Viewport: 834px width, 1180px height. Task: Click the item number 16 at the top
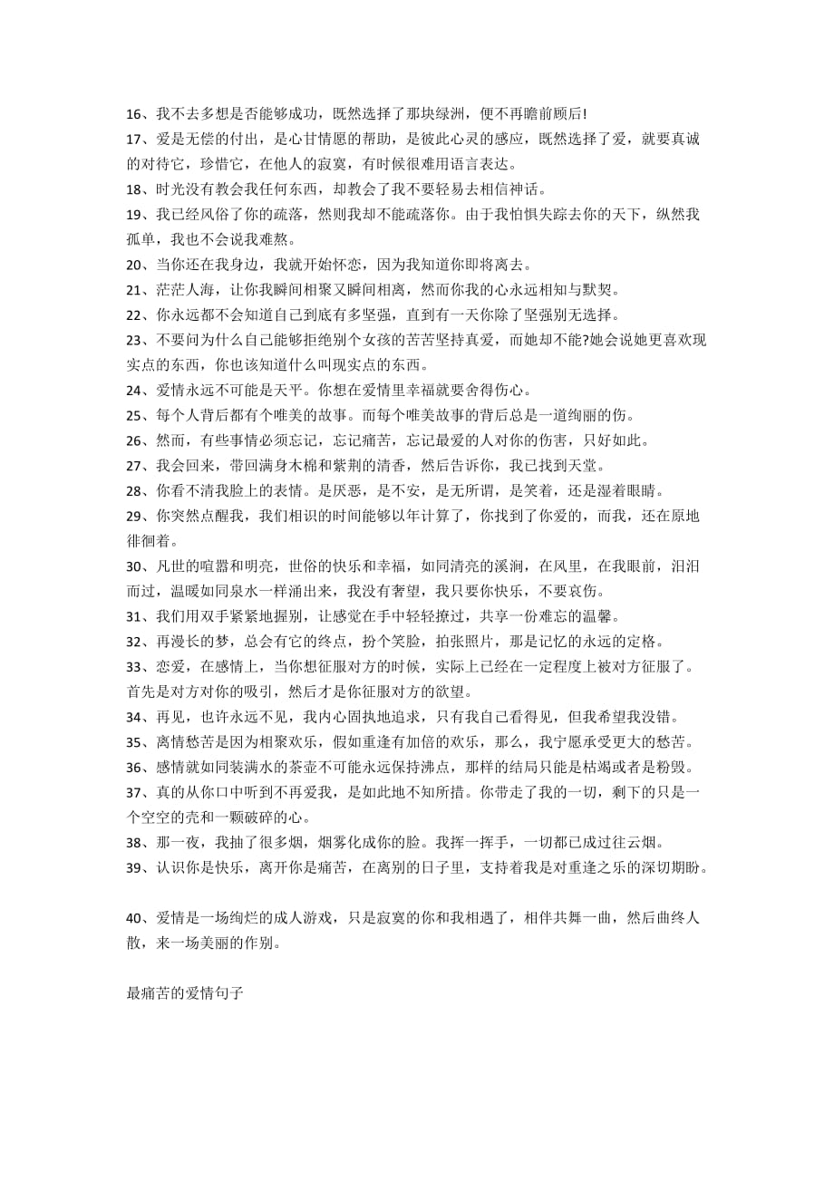136,114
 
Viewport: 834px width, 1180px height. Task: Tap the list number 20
136,265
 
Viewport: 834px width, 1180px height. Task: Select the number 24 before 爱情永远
136,391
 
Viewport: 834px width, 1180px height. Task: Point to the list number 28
136,491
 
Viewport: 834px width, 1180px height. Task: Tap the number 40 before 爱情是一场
136,918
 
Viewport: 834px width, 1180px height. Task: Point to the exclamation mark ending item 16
586,114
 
